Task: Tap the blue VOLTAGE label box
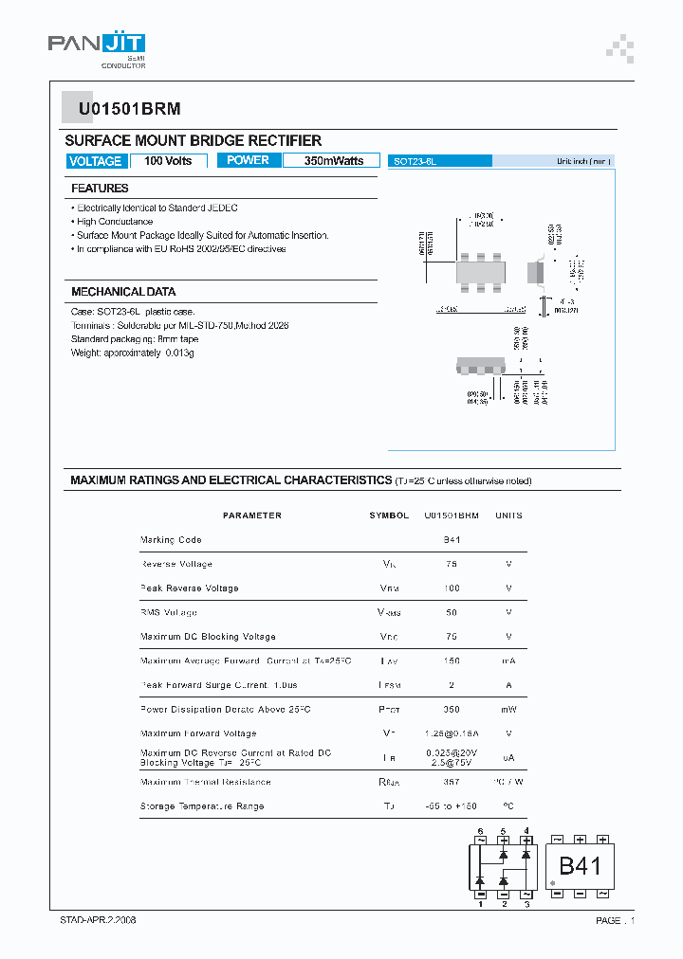pyautogui.click(x=96, y=161)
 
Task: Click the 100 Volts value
pyautogui.click(x=168, y=161)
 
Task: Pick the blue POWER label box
pyautogui.click(x=248, y=160)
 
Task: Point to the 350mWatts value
pyautogui.click(x=333, y=161)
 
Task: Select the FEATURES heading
pyautogui.click(x=100, y=189)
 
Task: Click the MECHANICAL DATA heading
pyautogui.click(x=123, y=292)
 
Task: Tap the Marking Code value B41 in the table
pyautogui.click(x=452, y=540)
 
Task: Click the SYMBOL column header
pyautogui.click(x=389, y=516)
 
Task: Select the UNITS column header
pyautogui.click(x=508, y=516)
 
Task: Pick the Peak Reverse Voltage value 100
pyautogui.click(x=452, y=588)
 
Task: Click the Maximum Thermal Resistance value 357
pyautogui.click(x=452, y=782)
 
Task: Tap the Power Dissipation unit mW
pyautogui.click(x=508, y=710)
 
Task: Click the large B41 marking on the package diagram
pyautogui.click(x=579, y=866)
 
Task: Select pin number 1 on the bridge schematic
pyautogui.click(x=480, y=904)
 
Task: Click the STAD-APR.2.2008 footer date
pyautogui.click(x=92, y=920)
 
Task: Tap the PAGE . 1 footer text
pyautogui.click(x=615, y=921)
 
